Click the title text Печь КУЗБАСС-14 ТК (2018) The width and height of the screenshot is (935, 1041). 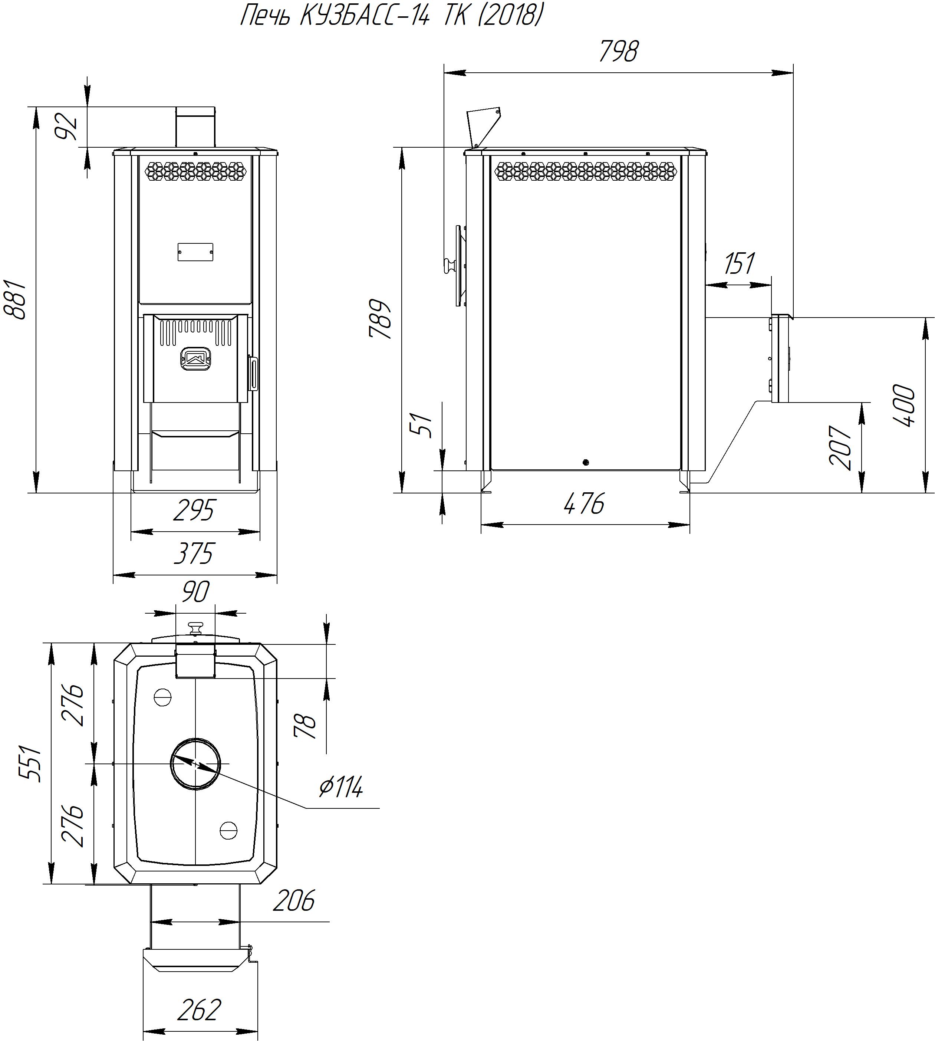coord(391,16)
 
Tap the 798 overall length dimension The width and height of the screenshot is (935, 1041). coord(619,51)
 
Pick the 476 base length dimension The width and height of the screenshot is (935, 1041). coord(585,503)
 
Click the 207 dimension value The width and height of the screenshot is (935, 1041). coord(841,447)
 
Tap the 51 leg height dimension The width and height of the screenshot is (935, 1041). coord(424,425)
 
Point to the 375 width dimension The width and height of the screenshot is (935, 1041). coord(194,554)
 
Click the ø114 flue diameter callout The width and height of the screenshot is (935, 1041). coord(340,786)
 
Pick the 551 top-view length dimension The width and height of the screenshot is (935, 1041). coord(30,763)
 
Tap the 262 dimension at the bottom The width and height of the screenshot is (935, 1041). coord(199,1010)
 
